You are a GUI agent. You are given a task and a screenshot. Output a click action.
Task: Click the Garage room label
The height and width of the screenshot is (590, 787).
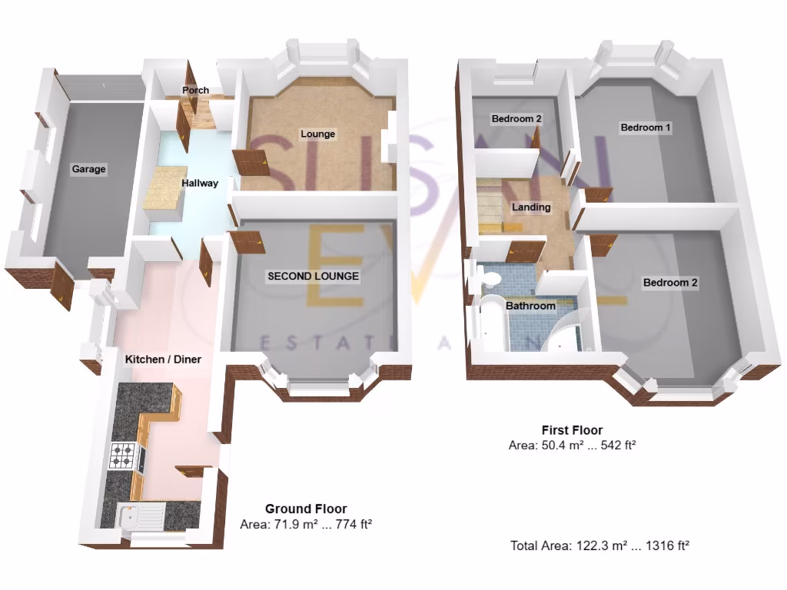[x=88, y=169]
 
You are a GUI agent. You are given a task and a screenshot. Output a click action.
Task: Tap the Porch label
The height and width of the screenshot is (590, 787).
[x=195, y=91]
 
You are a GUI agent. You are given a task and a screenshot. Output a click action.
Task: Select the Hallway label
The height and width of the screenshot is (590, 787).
[x=200, y=184]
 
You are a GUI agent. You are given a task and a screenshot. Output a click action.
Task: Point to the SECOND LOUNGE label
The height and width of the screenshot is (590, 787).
[x=313, y=276]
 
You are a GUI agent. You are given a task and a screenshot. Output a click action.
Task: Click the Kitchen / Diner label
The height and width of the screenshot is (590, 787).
[x=163, y=360]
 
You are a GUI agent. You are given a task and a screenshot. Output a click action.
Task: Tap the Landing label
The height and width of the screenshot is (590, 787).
[x=531, y=207]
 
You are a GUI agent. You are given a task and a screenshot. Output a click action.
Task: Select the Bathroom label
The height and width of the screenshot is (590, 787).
[x=530, y=306]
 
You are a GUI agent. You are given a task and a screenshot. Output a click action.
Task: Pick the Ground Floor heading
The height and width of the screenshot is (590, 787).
[x=306, y=509]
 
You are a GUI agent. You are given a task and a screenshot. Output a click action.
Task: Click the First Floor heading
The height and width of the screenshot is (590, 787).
[x=572, y=430]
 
